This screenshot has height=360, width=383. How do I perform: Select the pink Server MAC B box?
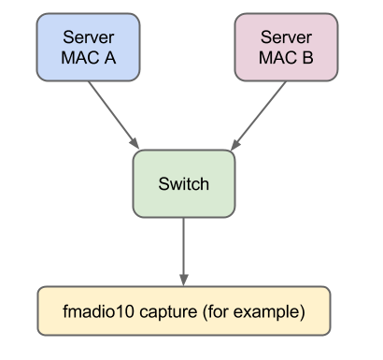pos(286,47)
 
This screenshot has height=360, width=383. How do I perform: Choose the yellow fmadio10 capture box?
pos(183,309)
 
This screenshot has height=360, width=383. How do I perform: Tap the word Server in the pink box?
pos(286,36)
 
